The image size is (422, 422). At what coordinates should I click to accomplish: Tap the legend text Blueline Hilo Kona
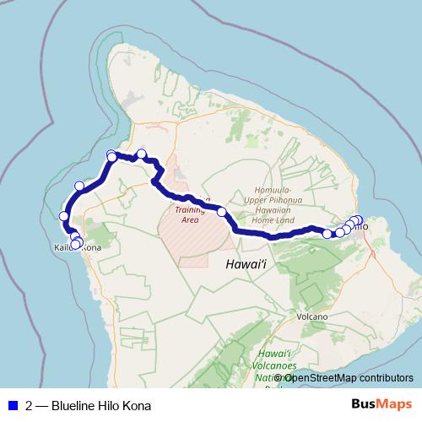[101, 406]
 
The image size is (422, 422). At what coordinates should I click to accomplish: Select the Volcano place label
[311, 316]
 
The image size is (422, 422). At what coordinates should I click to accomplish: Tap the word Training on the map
[191, 208]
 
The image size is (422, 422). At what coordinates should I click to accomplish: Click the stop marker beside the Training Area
[222, 212]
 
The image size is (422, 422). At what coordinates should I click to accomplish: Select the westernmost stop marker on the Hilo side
[327, 234]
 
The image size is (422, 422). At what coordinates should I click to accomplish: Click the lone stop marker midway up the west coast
[80, 186]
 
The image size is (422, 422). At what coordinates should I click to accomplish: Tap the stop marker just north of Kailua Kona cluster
[64, 216]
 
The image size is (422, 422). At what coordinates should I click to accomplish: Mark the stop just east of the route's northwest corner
[142, 154]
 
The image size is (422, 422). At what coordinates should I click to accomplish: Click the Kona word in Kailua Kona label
[90, 247]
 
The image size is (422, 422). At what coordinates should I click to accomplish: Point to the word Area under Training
[189, 219]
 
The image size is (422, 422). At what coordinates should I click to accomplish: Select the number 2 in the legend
[30, 406]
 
